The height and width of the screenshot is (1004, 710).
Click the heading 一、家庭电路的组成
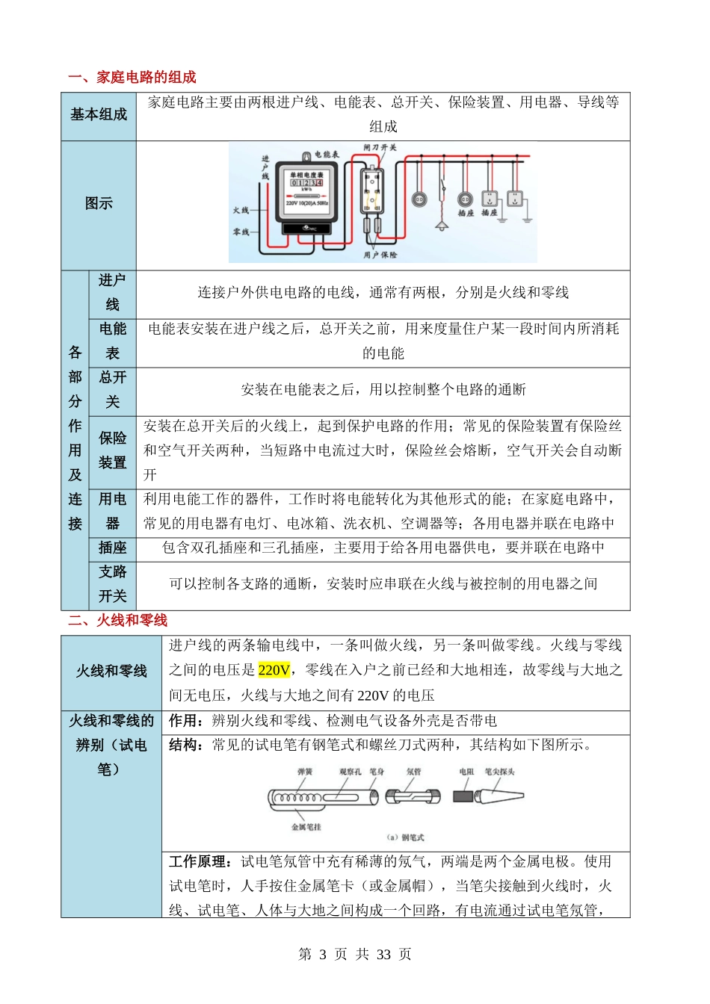[132, 78]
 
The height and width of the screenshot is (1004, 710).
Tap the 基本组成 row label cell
[99, 114]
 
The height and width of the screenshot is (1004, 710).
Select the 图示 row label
[99, 203]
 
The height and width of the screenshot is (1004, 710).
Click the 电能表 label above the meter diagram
[326, 155]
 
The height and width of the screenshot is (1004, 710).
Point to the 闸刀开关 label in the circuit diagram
[380, 148]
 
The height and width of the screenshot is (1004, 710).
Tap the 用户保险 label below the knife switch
[380, 255]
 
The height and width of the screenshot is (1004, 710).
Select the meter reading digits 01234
[306, 182]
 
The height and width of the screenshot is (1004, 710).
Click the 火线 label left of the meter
[241, 211]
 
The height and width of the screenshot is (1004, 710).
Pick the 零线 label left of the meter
[241, 232]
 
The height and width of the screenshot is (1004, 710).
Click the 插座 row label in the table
[113, 548]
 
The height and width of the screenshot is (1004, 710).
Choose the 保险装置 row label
[113, 450]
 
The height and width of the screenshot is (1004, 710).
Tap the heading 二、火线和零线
[117, 620]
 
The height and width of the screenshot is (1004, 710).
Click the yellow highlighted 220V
[274, 670]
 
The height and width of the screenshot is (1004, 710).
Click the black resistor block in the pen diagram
[463, 796]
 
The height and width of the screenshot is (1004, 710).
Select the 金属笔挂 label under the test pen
[306, 827]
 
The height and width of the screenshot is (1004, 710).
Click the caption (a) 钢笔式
[405, 837]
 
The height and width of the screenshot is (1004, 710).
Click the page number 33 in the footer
[384, 955]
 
